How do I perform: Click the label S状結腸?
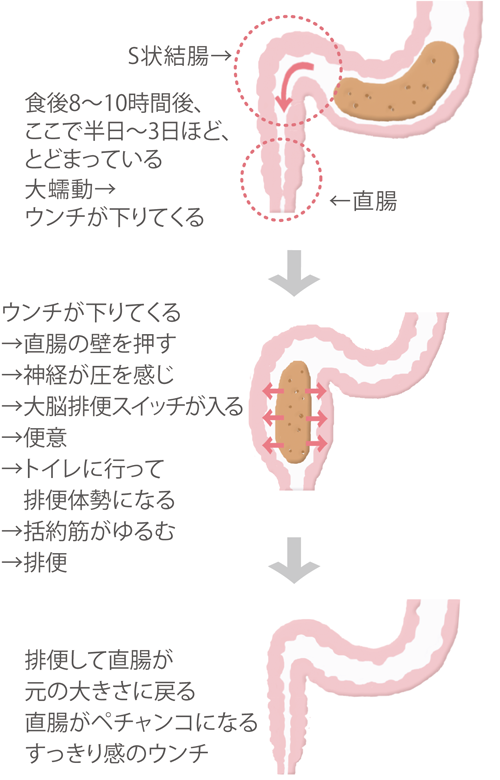point(169,56)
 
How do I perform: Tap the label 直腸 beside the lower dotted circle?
point(375,201)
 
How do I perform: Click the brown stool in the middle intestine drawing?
point(294,412)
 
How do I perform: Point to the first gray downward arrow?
point(294,273)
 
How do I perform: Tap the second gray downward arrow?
point(294,560)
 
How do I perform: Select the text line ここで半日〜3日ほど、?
point(127,132)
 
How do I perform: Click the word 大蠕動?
point(59,190)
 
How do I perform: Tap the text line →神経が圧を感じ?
point(88,375)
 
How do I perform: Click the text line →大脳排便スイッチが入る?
point(122,406)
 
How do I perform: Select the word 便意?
point(45,437)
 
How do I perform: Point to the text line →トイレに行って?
point(83,469)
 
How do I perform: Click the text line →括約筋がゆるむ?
point(89,531)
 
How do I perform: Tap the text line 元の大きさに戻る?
point(110,691)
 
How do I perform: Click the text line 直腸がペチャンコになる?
point(141,722)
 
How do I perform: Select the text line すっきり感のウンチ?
point(117,753)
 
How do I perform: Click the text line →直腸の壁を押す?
point(89,344)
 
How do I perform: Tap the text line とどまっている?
point(94,160)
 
